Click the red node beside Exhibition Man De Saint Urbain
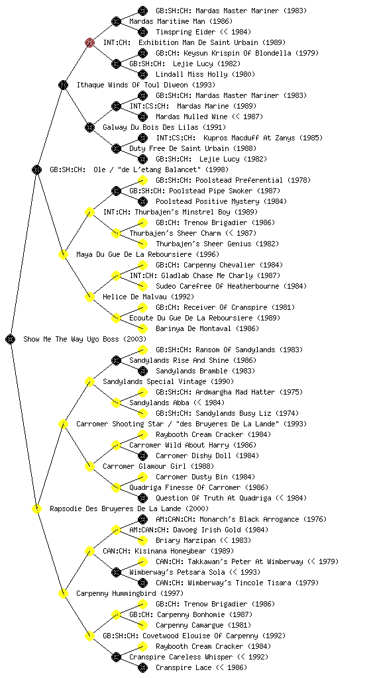click(89, 42)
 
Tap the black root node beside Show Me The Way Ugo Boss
click(11, 339)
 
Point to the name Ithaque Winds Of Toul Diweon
click(146, 85)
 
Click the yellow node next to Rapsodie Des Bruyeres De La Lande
click(36, 508)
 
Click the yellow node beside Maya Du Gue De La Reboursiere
click(63, 254)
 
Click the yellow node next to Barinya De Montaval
click(142, 328)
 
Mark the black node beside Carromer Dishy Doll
click(142, 456)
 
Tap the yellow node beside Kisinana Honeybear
click(89, 551)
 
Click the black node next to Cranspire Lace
click(142, 667)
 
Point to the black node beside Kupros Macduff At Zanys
click(142, 138)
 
